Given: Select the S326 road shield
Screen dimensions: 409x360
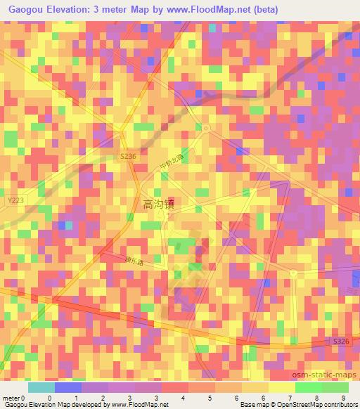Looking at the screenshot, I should coord(340,341).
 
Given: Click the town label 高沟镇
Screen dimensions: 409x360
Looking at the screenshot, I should coord(159,204).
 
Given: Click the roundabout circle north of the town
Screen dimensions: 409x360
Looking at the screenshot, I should coord(205,127).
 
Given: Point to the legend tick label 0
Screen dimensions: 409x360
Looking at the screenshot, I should coord(49,398).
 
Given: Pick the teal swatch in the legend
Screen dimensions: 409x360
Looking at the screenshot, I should coord(41,387).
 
